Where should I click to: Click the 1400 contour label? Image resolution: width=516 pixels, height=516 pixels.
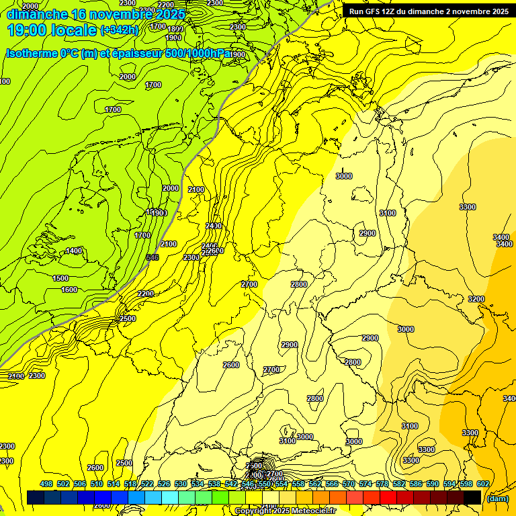pyautogui.click(x=74, y=251)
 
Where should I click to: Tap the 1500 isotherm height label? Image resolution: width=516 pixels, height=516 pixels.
pyautogui.click(x=60, y=278)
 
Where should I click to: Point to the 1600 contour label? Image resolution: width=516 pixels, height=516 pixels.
pyautogui.click(x=69, y=290)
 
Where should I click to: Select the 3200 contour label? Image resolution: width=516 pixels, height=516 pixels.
pyautogui.click(x=476, y=299)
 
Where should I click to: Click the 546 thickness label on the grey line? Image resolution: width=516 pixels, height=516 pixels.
pyautogui.click(x=153, y=257)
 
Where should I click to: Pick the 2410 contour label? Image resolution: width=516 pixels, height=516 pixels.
pyautogui.click(x=214, y=226)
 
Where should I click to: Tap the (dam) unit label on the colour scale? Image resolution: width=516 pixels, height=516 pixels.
pyautogui.click(x=497, y=498)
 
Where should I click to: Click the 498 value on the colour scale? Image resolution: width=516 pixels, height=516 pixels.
pyautogui.click(x=46, y=484)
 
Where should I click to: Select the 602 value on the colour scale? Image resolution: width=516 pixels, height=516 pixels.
pyautogui.click(x=482, y=484)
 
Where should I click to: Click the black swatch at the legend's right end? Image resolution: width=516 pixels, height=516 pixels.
pyautogui.click(x=472, y=497)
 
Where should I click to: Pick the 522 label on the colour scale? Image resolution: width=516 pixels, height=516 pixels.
pyautogui.click(x=147, y=484)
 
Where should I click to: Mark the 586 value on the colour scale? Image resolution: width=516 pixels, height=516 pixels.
pyautogui.click(x=415, y=484)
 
